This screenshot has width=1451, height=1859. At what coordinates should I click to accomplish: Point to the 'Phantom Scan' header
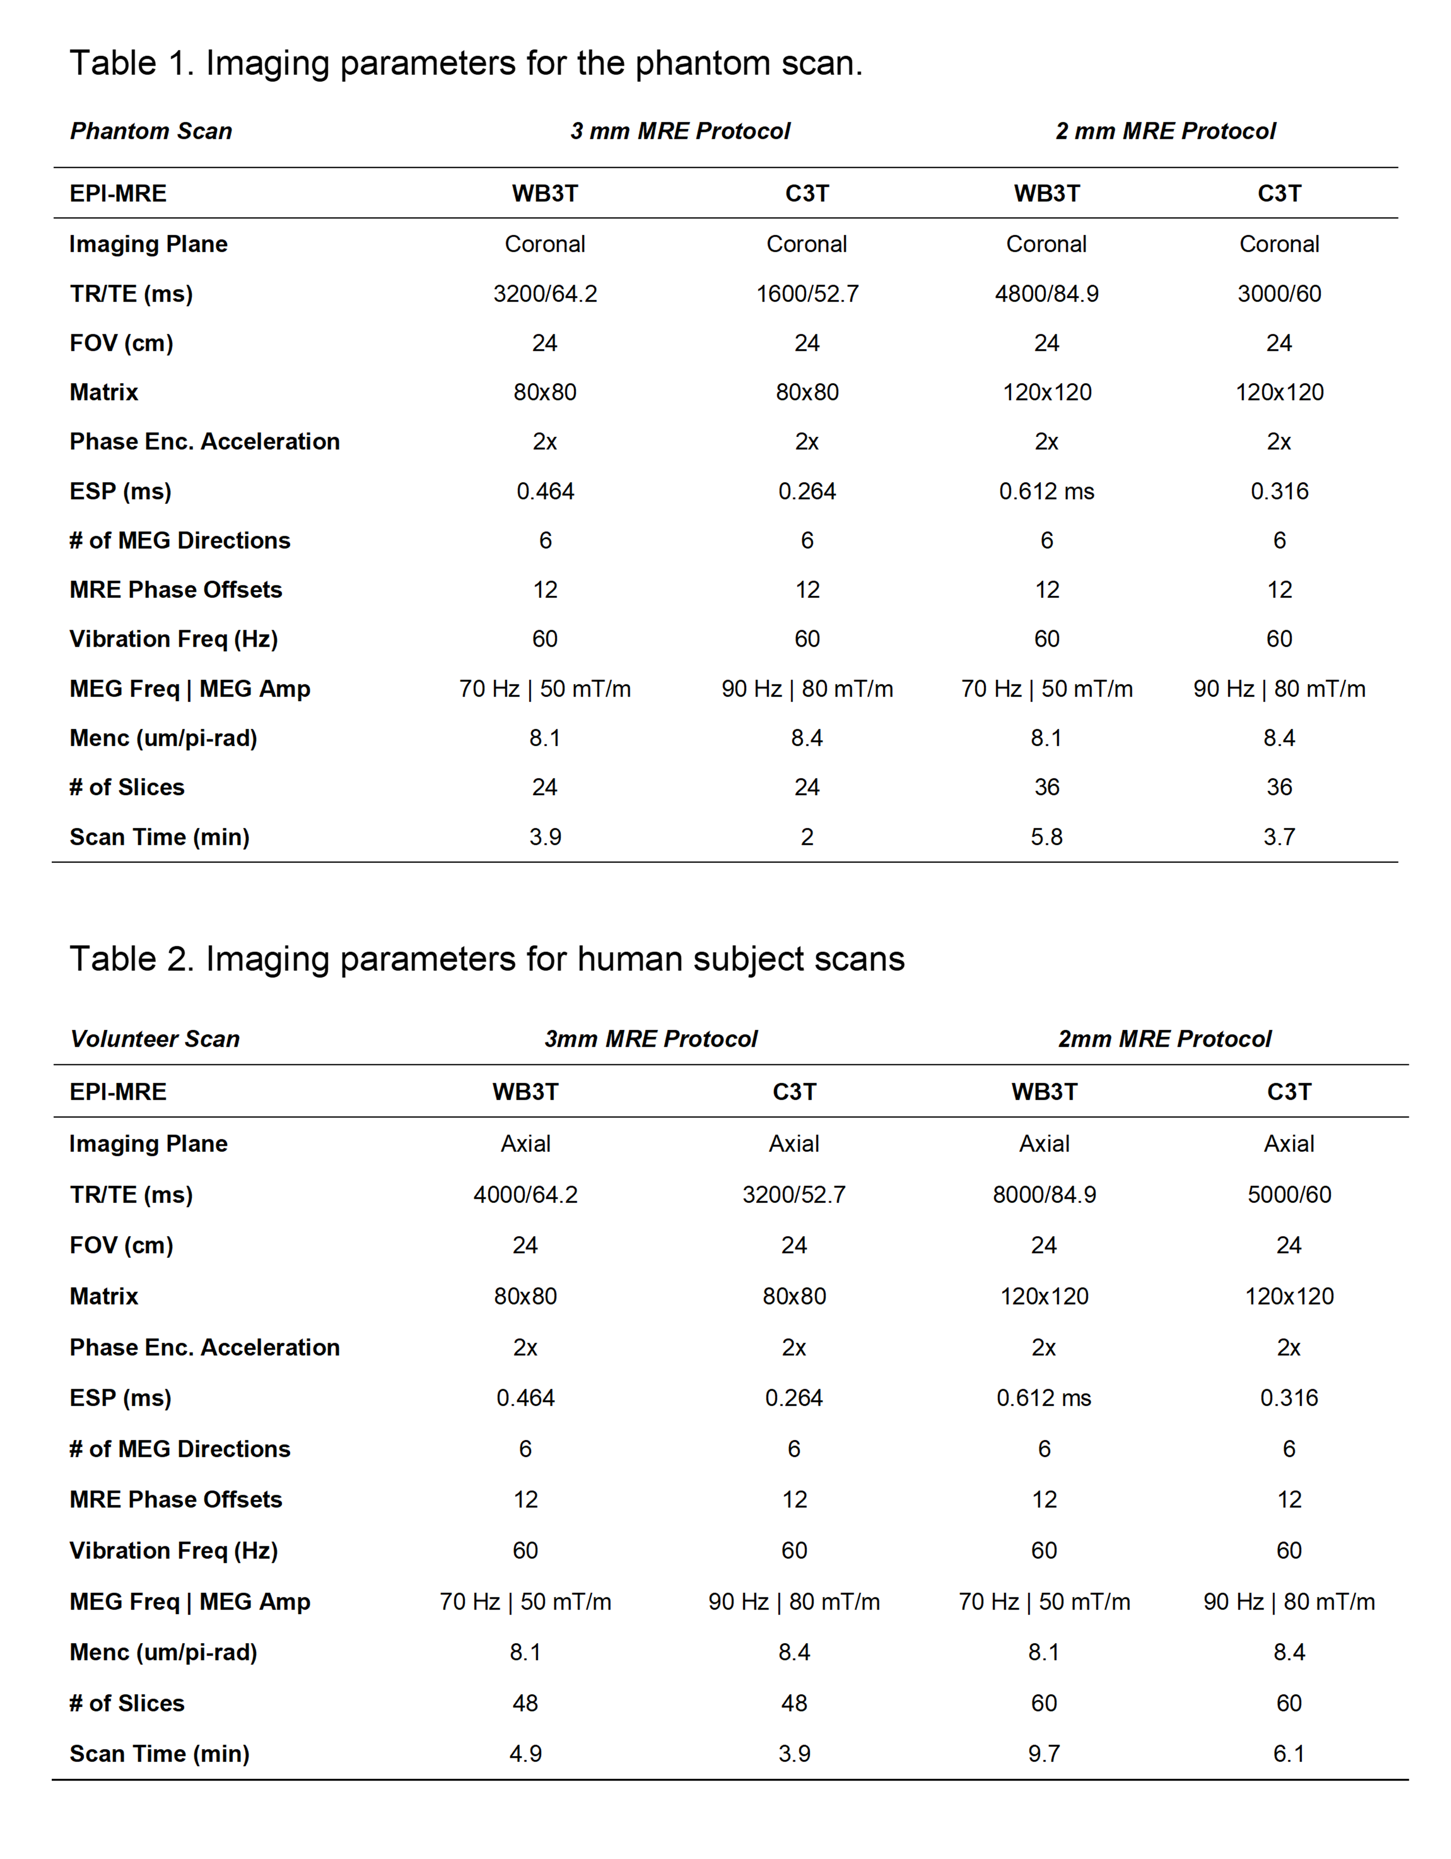click(x=150, y=131)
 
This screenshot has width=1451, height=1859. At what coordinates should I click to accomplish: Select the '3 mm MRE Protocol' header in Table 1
click(x=680, y=131)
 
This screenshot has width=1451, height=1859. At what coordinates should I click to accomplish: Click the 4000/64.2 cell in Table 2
click(x=525, y=1194)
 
